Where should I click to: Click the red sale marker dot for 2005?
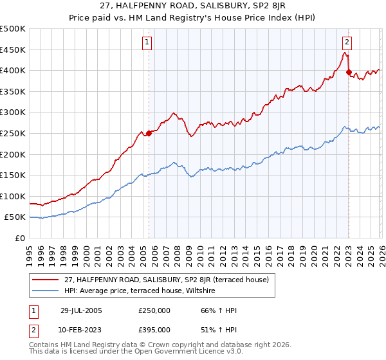[x=149, y=133]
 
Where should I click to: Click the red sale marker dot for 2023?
[x=349, y=73]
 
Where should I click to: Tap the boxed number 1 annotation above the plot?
[x=147, y=42]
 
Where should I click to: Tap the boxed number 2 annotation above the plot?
[x=347, y=42]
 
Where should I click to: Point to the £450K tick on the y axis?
[x=13, y=50]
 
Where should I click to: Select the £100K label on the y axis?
[x=13, y=196]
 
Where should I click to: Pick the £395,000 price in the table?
[x=154, y=329]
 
